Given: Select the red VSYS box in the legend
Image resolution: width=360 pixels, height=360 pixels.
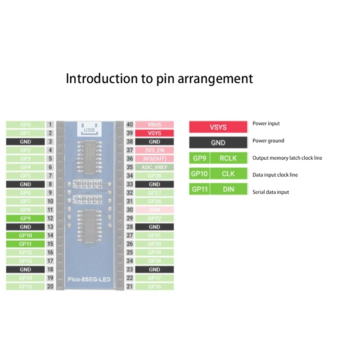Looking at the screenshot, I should [x=218, y=127].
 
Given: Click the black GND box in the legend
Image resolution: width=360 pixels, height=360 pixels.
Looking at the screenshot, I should [x=218, y=143].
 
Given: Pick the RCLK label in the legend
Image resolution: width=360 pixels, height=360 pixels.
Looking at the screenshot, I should [x=228, y=158].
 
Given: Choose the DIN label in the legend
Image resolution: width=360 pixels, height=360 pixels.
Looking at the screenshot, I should [x=228, y=189].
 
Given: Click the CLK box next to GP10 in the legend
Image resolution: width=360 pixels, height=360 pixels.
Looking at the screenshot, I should [x=228, y=174].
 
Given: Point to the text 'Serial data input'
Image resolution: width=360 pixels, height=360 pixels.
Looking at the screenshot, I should [x=271, y=192].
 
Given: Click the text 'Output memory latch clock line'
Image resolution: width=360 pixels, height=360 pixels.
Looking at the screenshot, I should [x=287, y=158].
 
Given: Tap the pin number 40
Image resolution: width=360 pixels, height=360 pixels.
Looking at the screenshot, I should [x=130, y=125].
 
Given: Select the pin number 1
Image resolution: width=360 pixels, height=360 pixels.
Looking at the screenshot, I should [x=50, y=125].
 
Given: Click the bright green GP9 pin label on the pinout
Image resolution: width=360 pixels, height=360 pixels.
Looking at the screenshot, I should [x=25, y=218].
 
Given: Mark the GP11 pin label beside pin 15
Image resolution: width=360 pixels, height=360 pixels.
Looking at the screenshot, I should [x=25, y=244].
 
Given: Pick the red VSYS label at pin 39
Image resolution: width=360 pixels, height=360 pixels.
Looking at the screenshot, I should [x=154, y=133].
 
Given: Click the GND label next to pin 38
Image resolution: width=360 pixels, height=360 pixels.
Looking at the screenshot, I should [x=154, y=142].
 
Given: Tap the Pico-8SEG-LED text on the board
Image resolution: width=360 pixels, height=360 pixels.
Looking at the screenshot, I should [x=88, y=279].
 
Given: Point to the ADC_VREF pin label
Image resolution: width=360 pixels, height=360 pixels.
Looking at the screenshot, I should [x=154, y=167].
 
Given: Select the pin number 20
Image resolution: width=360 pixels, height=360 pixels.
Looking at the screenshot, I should [x=50, y=287].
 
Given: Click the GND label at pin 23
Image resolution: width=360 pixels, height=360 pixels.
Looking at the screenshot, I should [x=154, y=270].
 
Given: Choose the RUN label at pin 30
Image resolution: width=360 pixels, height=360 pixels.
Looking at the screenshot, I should [x=154, y=210].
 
